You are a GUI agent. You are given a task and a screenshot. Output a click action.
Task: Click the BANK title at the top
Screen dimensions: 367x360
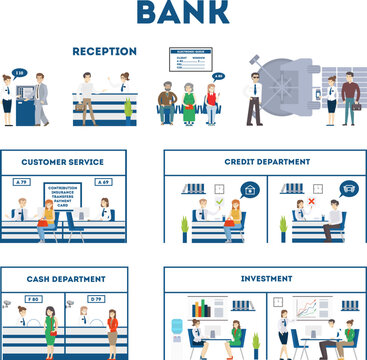[182, 13]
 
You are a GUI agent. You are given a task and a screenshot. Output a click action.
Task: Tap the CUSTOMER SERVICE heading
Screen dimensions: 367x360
[63, 161]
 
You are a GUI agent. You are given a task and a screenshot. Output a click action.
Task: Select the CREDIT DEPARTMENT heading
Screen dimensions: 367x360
[264, 161]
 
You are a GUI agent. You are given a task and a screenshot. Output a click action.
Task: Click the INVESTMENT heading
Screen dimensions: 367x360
[264, 280]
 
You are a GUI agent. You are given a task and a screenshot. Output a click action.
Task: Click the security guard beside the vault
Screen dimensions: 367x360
[254, 99]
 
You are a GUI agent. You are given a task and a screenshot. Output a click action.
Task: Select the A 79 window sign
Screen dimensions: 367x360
[21, 182]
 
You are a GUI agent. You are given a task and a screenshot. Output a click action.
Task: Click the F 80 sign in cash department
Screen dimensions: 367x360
[33, 299]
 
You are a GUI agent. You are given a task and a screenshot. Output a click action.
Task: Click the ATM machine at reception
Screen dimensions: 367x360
[26, 107]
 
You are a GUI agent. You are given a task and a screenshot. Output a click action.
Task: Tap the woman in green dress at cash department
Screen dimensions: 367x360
[48, 331]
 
